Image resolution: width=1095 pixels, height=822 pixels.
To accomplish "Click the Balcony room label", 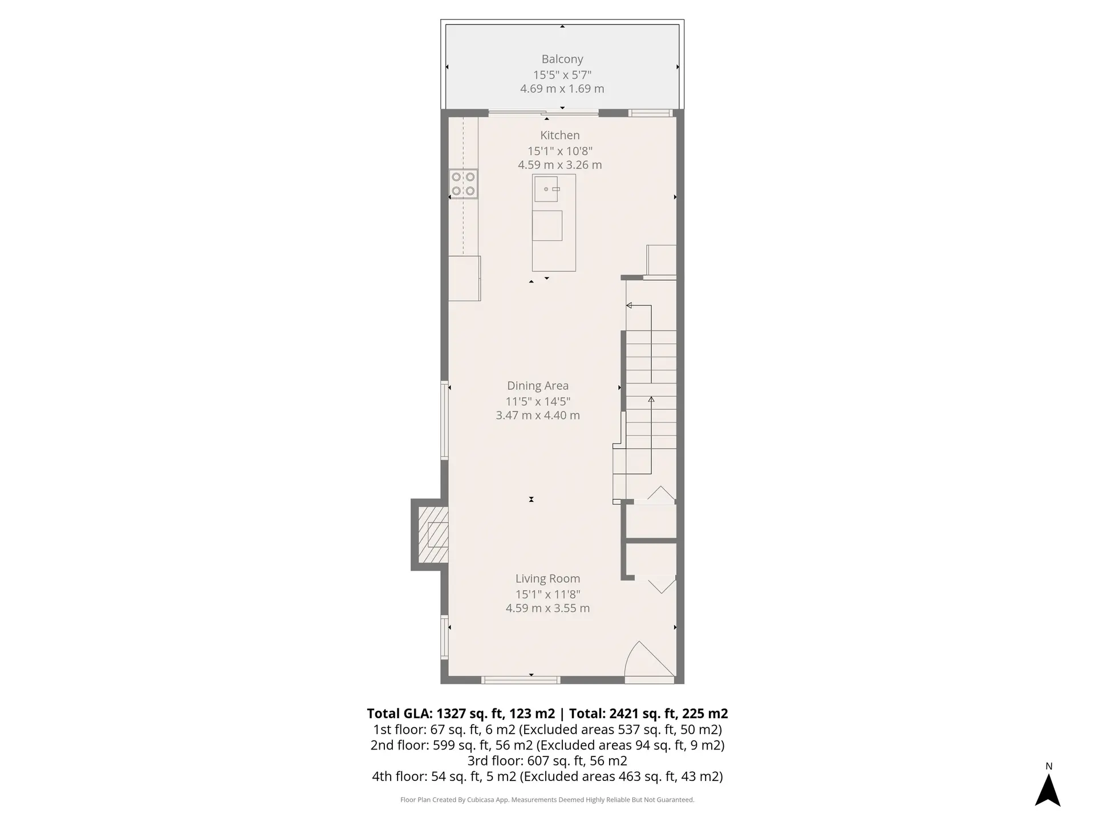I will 562,59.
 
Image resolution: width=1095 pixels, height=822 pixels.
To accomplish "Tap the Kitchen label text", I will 559,135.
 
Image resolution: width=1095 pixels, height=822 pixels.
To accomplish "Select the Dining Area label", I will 537,386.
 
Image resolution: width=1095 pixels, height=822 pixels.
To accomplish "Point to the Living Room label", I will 547,579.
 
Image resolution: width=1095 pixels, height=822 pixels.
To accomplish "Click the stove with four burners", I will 463,184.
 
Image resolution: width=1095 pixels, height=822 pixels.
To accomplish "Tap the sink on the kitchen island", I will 546,189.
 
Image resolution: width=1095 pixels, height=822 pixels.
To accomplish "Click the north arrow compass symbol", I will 1048,790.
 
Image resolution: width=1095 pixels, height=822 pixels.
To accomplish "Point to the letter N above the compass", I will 1048,767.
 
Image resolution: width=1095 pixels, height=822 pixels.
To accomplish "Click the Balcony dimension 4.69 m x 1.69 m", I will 562,89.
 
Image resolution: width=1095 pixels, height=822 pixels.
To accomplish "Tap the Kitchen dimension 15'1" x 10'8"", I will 559,151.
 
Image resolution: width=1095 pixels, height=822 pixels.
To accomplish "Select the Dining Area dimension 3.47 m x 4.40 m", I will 537,416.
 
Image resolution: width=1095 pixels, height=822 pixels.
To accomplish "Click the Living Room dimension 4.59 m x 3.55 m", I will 547,609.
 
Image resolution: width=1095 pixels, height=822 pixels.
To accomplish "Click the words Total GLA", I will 399,714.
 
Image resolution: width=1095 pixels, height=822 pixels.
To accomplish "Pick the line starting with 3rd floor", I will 547,761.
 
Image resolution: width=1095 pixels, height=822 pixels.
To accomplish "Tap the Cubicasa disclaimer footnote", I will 547,800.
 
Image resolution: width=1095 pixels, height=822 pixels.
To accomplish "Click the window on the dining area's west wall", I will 444,420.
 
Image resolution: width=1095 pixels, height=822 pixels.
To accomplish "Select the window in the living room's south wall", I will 520,680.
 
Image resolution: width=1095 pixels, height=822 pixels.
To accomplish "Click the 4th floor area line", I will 547,776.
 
